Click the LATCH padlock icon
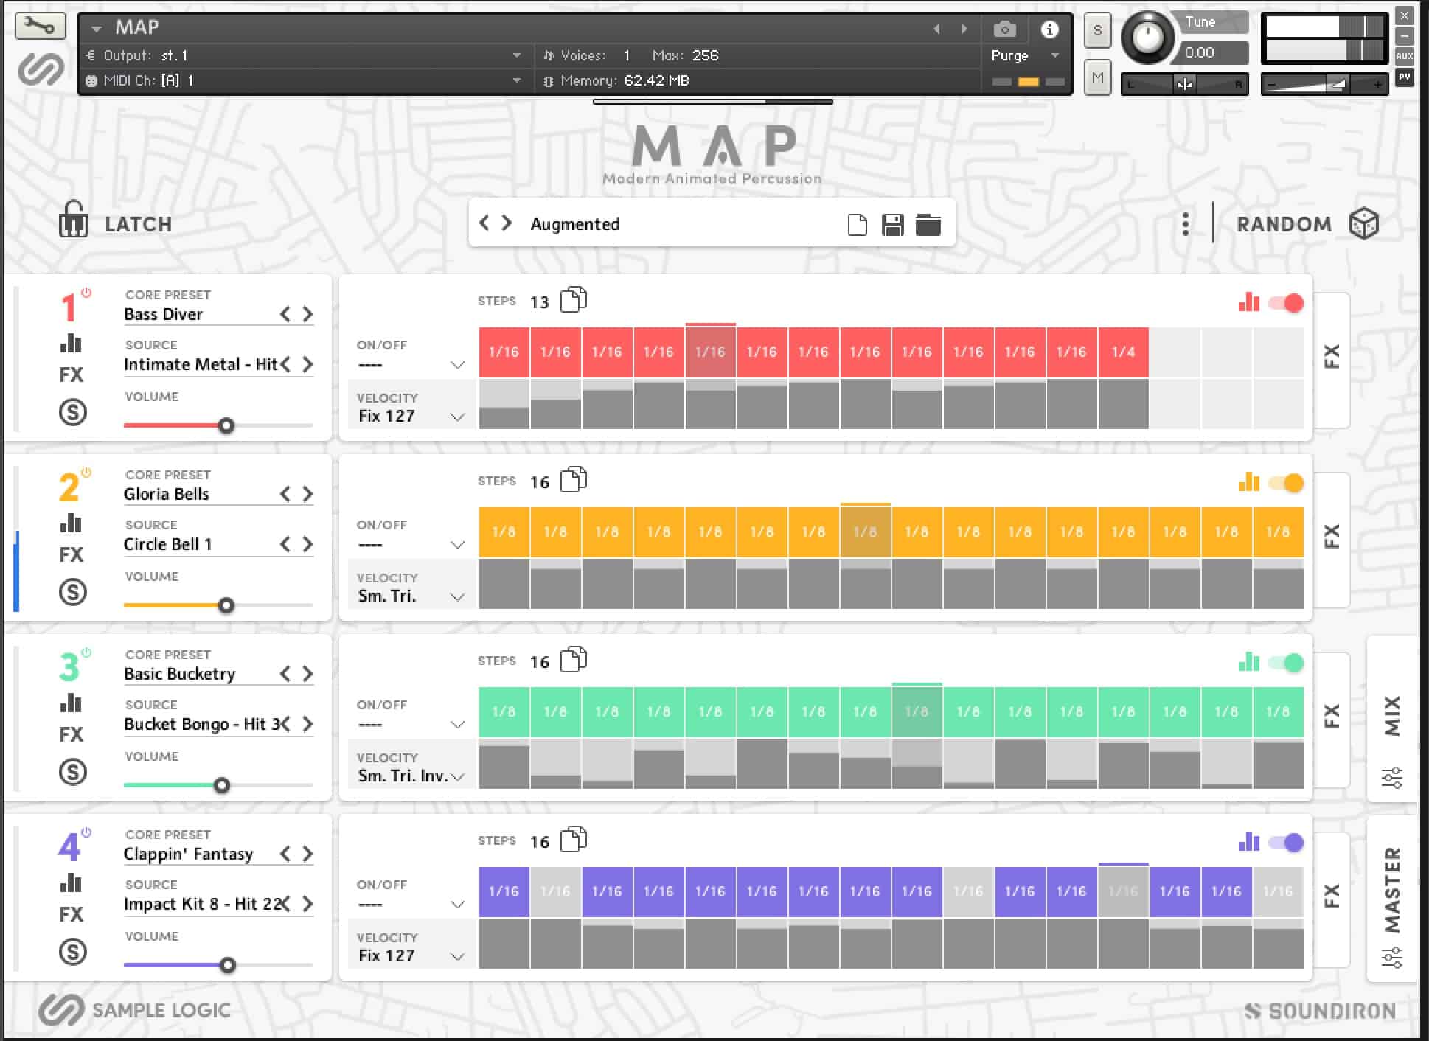click(x=73, y=220)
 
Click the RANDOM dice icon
click(x=1363, y=224)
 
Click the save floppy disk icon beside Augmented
click(x=892, y=225)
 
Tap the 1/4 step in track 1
click(x=1123, y=352)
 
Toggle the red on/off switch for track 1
click(x=1286, y=303)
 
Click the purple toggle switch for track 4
click(x=1286, y=843)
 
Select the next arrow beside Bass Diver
click(x=307, y=315)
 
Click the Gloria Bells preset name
click(x=167, y=494)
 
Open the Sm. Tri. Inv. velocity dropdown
click(x=458, y=776)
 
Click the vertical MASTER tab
click(x=1392, y=891)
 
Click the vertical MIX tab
click(x=1392, y=715)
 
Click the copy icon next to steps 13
click(x=574, y=300)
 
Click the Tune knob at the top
click(x=1147, y=37)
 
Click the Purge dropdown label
click(x=1009, y=56)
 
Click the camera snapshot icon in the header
click(x=1004, y=29)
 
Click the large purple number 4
click(x=69, y=847)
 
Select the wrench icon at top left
click(x=40, y=27)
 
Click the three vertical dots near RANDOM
click(x=1185, y=224)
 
